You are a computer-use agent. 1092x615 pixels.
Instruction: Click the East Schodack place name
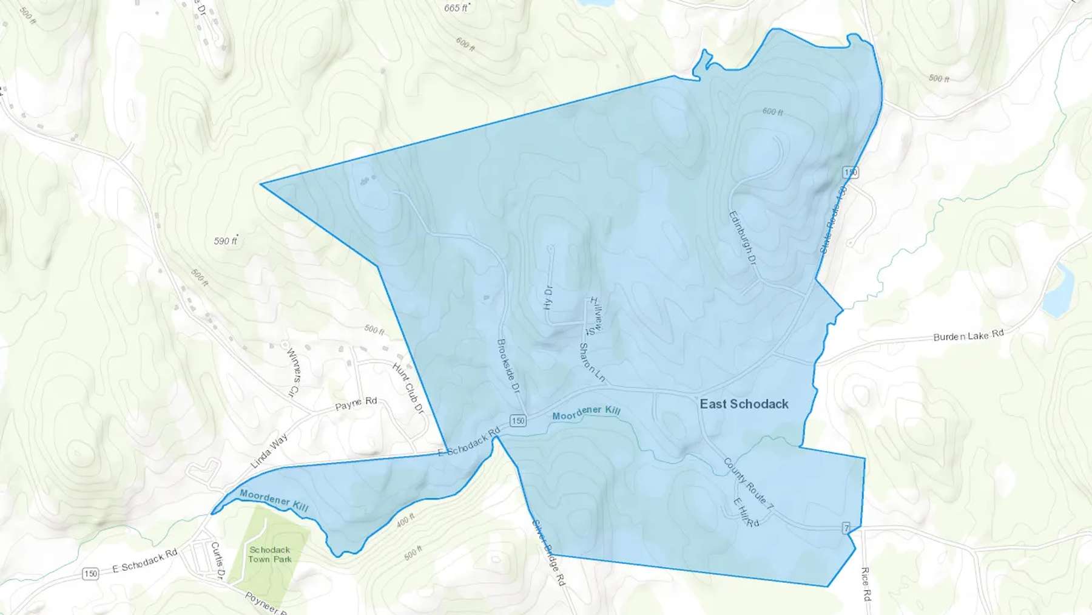tap(744, 404)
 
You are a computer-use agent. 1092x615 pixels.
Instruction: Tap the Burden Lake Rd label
tap(968, 336)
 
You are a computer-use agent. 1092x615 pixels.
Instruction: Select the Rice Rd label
tap(866, 584)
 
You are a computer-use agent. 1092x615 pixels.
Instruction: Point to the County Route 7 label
tap(749, 484)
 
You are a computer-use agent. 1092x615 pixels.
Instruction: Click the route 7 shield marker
tap(846, 528)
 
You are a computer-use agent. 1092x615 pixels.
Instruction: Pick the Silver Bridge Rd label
tap(548, 552)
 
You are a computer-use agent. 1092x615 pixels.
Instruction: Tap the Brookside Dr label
tap(509, 364)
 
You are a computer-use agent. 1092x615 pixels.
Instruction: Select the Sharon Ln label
tap(592, 362)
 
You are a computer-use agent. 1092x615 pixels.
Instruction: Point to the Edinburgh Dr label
tap(743, 237)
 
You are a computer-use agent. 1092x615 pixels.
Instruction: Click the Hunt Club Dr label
tap(408, 389)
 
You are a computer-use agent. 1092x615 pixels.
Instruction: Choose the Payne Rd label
tap(356, 403)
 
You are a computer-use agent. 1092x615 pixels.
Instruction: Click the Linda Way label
tap(269, 450)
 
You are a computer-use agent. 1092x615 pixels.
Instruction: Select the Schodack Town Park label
tap(270, 554)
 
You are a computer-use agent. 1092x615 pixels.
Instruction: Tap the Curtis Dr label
tap(217, 561)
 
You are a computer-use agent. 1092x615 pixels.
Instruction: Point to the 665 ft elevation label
tap(456, 8)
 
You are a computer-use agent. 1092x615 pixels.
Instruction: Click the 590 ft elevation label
tap(225, 241)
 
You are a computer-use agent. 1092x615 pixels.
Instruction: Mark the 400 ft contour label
tap(405, 520)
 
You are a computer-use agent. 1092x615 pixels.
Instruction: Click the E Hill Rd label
tap(746, 512)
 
